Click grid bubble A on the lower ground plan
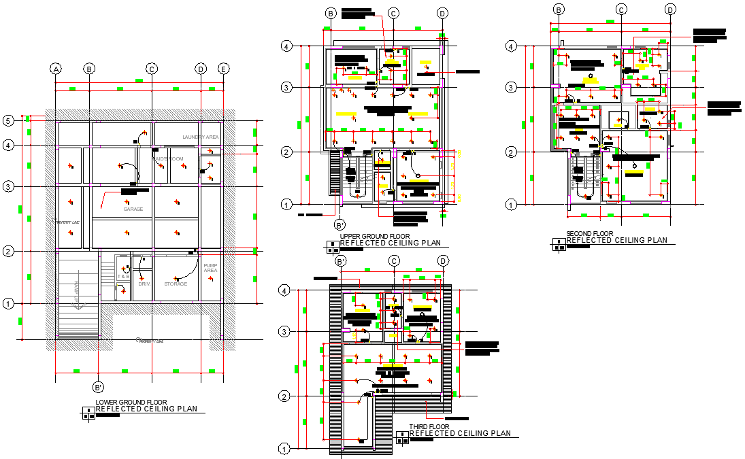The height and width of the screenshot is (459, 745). coord(56,69)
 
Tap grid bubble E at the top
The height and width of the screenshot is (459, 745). coord(224,69)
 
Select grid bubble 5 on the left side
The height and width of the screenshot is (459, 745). coord(8,121)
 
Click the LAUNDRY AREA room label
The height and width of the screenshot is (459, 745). coord(201,137)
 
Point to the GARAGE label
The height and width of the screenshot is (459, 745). coord(133,209)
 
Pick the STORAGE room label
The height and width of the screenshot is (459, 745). coord(175,284)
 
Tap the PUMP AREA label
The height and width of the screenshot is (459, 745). coord(210,268)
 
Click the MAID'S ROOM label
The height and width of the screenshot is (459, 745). coord(168,158)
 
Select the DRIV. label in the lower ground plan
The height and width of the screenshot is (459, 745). coord(144,284)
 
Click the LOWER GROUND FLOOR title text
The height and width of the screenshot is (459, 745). coord(131,402)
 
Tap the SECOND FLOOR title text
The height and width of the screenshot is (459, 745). coord(589,234)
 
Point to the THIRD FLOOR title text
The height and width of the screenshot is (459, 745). coord(425,426)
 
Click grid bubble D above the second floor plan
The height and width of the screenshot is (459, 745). coord(670,10)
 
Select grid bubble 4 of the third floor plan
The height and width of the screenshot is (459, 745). coord(286,290)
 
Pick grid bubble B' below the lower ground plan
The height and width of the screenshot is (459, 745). coord(99,388)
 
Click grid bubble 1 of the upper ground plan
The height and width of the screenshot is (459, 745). coord(287,204)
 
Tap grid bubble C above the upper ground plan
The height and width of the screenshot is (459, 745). coord(393,13)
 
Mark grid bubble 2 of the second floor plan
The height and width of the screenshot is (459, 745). coord(510,152)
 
